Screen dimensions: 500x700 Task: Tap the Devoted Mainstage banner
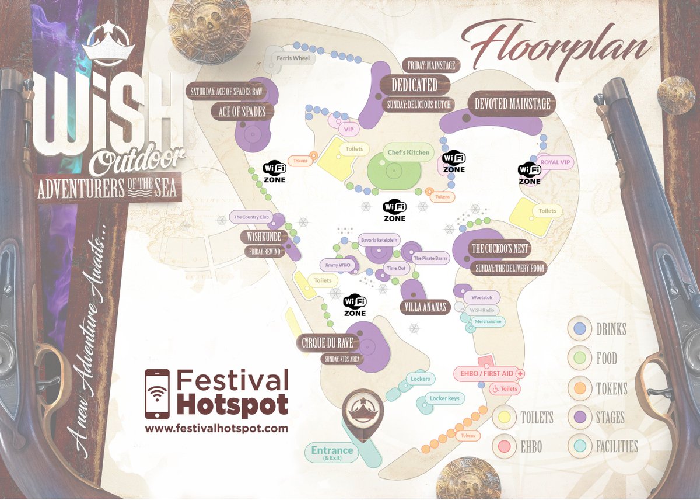(511, 104)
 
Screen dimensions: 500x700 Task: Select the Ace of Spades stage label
(242, 112)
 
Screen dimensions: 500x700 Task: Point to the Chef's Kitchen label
(408, 152)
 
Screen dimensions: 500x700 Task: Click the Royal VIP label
(554, 162)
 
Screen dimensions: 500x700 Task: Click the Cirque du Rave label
(328, 343)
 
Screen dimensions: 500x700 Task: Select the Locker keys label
(444, 398)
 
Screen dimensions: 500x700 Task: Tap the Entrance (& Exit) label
(332, 453)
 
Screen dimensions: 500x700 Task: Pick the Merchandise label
(488, 321)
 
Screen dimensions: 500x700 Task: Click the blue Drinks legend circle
(580, 329)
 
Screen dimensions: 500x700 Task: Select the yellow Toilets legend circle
(506, 417)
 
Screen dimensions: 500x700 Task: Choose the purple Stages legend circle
(580, 418)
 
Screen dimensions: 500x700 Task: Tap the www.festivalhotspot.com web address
(216, 428)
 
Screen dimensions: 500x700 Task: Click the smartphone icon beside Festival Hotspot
(157, 394)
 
